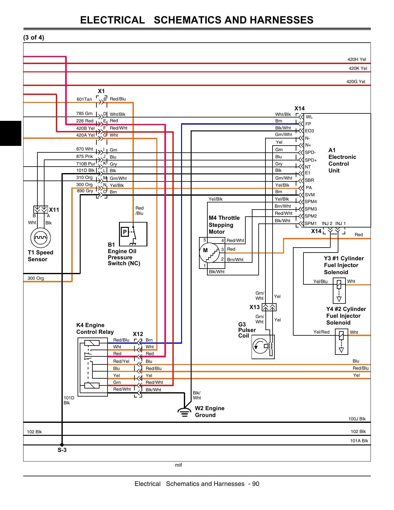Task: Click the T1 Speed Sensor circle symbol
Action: tap(40, 237)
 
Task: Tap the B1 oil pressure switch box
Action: tap(133, 234)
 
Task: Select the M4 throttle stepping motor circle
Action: tap(209, 253)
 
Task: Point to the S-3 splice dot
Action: tap(62, 445)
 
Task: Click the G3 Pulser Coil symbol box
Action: tap(263, 347)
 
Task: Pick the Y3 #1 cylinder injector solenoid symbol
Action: tap(339, 291)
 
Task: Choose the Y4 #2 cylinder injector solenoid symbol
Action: tap(341, 342)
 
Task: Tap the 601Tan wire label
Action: tap(84, 99)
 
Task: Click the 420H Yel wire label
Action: tap(357, 59)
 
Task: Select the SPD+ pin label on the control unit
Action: tap(311, 160)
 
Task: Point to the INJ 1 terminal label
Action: tap(341, 223)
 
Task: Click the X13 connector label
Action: tap(255, 307)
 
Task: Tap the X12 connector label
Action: tap(138, 334)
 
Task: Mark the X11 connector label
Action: tap(54, 210)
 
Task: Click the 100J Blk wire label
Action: tap(357, 419)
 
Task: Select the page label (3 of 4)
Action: tap(34, 37)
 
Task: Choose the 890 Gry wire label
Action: tap(85, 191)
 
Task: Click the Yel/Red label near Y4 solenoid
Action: tap(321, 332)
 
